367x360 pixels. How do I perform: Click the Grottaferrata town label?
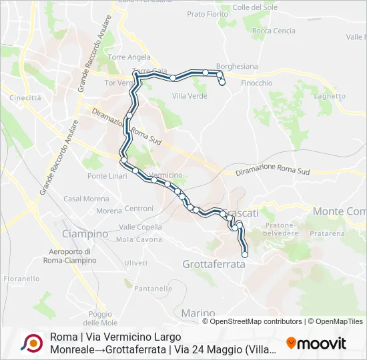click(214, 264)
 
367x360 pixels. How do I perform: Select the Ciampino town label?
click(85, 234)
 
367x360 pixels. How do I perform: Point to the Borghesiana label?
click(238, 67)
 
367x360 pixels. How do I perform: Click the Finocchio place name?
click(256, 83)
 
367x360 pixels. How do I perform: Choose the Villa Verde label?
click(190, 96)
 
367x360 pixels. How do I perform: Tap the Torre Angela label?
click(129, 57)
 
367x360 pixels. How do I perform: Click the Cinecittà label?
click(25, 97)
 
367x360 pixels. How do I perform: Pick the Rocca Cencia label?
click(274, 31)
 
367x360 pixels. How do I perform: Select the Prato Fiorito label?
click(208, 13)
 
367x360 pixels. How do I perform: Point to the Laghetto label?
click(330, 96)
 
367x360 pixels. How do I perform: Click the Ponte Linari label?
click(105, 176)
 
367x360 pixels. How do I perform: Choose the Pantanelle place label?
click(153, 289)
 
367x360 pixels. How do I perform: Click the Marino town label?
click(198, 313)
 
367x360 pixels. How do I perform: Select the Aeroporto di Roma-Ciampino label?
click(72, 256)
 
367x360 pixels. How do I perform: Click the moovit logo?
click(316, 343)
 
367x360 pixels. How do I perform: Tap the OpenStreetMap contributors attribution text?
click(256, 321)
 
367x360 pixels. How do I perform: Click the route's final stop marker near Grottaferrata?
click(245, 254)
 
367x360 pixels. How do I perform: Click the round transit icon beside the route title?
click(31, 343)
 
